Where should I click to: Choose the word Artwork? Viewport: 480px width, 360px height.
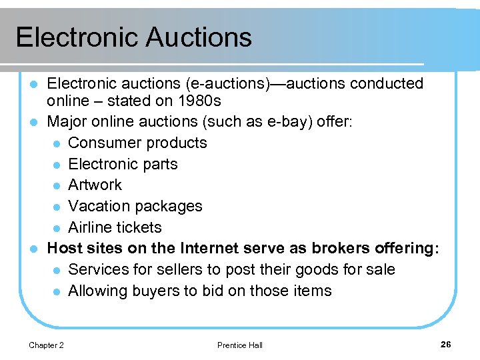click(95, 185)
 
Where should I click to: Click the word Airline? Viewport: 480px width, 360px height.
click(91, 227)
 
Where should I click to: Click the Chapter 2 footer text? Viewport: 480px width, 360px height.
click(47, 345)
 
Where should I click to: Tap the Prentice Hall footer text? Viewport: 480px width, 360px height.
click(240, 345)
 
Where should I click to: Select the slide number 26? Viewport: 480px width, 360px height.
click(446, 344)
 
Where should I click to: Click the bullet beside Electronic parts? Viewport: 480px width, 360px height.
click(58, 165)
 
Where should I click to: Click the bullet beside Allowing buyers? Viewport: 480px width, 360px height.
click(58, 291)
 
